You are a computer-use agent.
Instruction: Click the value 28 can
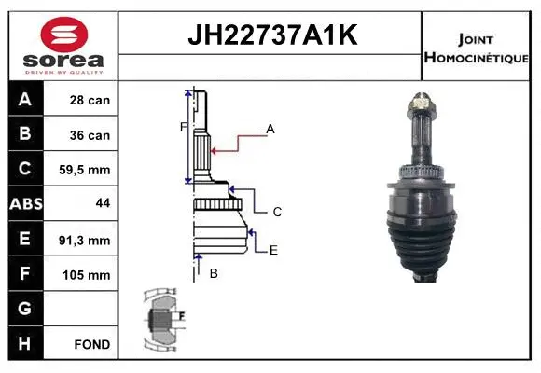click(x=90, y=100)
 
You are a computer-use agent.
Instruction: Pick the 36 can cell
click(x=90, y=135)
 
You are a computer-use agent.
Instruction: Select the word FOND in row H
click(x=91, y=345)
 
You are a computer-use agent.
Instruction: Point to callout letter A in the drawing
click(x=270, y=130)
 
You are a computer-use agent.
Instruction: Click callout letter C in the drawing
click(x=277, y=213)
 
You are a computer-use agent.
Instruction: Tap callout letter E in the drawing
click(x=273, y=250)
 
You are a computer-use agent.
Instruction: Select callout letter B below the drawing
click(x=213, y=273)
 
